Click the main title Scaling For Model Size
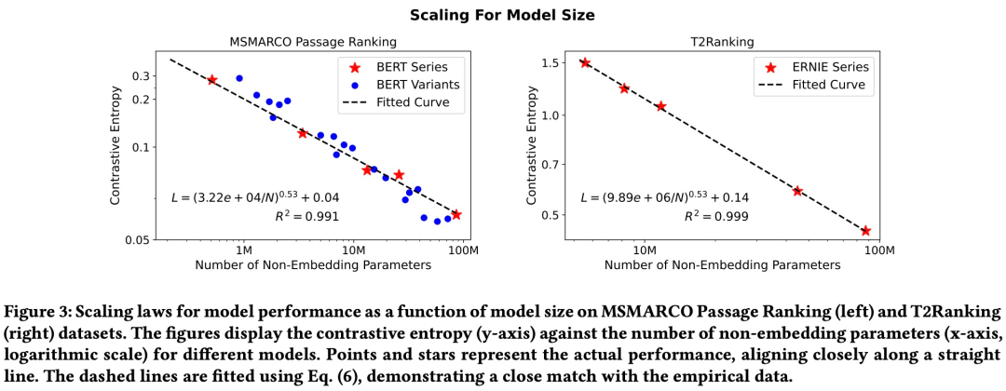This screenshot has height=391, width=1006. pos(503,15)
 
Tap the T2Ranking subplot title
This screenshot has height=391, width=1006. pos(722,42)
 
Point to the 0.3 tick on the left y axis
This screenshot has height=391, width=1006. pos(142,75)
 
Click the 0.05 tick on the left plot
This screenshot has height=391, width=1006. pos(138,240)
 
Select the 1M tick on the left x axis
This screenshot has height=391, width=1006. pos(243,251)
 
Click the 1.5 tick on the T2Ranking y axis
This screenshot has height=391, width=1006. pos(551,62)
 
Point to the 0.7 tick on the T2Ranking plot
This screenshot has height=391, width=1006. pos(551,165)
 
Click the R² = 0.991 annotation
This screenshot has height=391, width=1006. pos(307,216)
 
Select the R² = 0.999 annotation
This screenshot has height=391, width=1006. pos(717,216)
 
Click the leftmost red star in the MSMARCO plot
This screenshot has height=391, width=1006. pos(212,80)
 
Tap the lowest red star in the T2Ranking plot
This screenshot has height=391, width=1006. pos(865,231)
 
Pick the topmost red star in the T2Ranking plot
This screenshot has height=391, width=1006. pos(585,62)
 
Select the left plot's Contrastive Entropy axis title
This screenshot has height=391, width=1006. pos(116,146)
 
